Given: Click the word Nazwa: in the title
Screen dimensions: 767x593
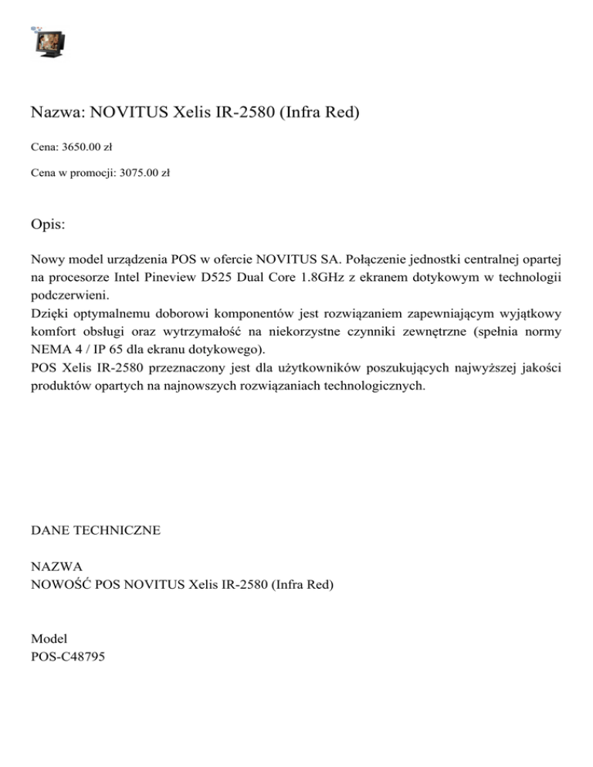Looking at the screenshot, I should click(57, 113).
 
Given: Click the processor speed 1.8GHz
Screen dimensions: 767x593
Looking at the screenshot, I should click(351, 276).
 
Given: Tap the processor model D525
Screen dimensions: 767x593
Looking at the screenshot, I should click(254, 276).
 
